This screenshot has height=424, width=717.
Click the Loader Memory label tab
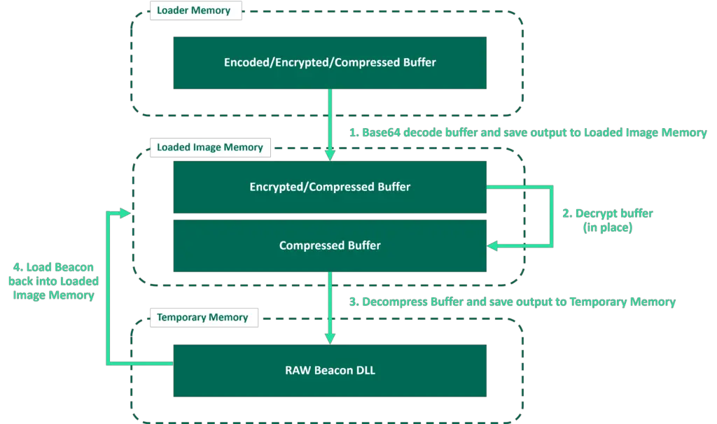193,10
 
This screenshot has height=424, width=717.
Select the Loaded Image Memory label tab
209,147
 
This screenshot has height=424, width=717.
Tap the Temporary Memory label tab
202,317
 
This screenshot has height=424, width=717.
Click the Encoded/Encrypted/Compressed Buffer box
330,62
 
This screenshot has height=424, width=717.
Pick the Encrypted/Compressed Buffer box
330,187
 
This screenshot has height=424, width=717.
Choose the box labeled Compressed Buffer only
330,246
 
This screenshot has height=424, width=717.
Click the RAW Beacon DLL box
330,370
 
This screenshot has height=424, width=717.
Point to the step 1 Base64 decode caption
527,132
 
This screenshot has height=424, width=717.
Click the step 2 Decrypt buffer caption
608,220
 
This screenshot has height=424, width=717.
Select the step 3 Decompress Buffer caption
512,302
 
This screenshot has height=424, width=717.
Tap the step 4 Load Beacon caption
53,281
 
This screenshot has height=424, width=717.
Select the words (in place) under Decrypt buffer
608,227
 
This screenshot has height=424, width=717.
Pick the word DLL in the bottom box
366,370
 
